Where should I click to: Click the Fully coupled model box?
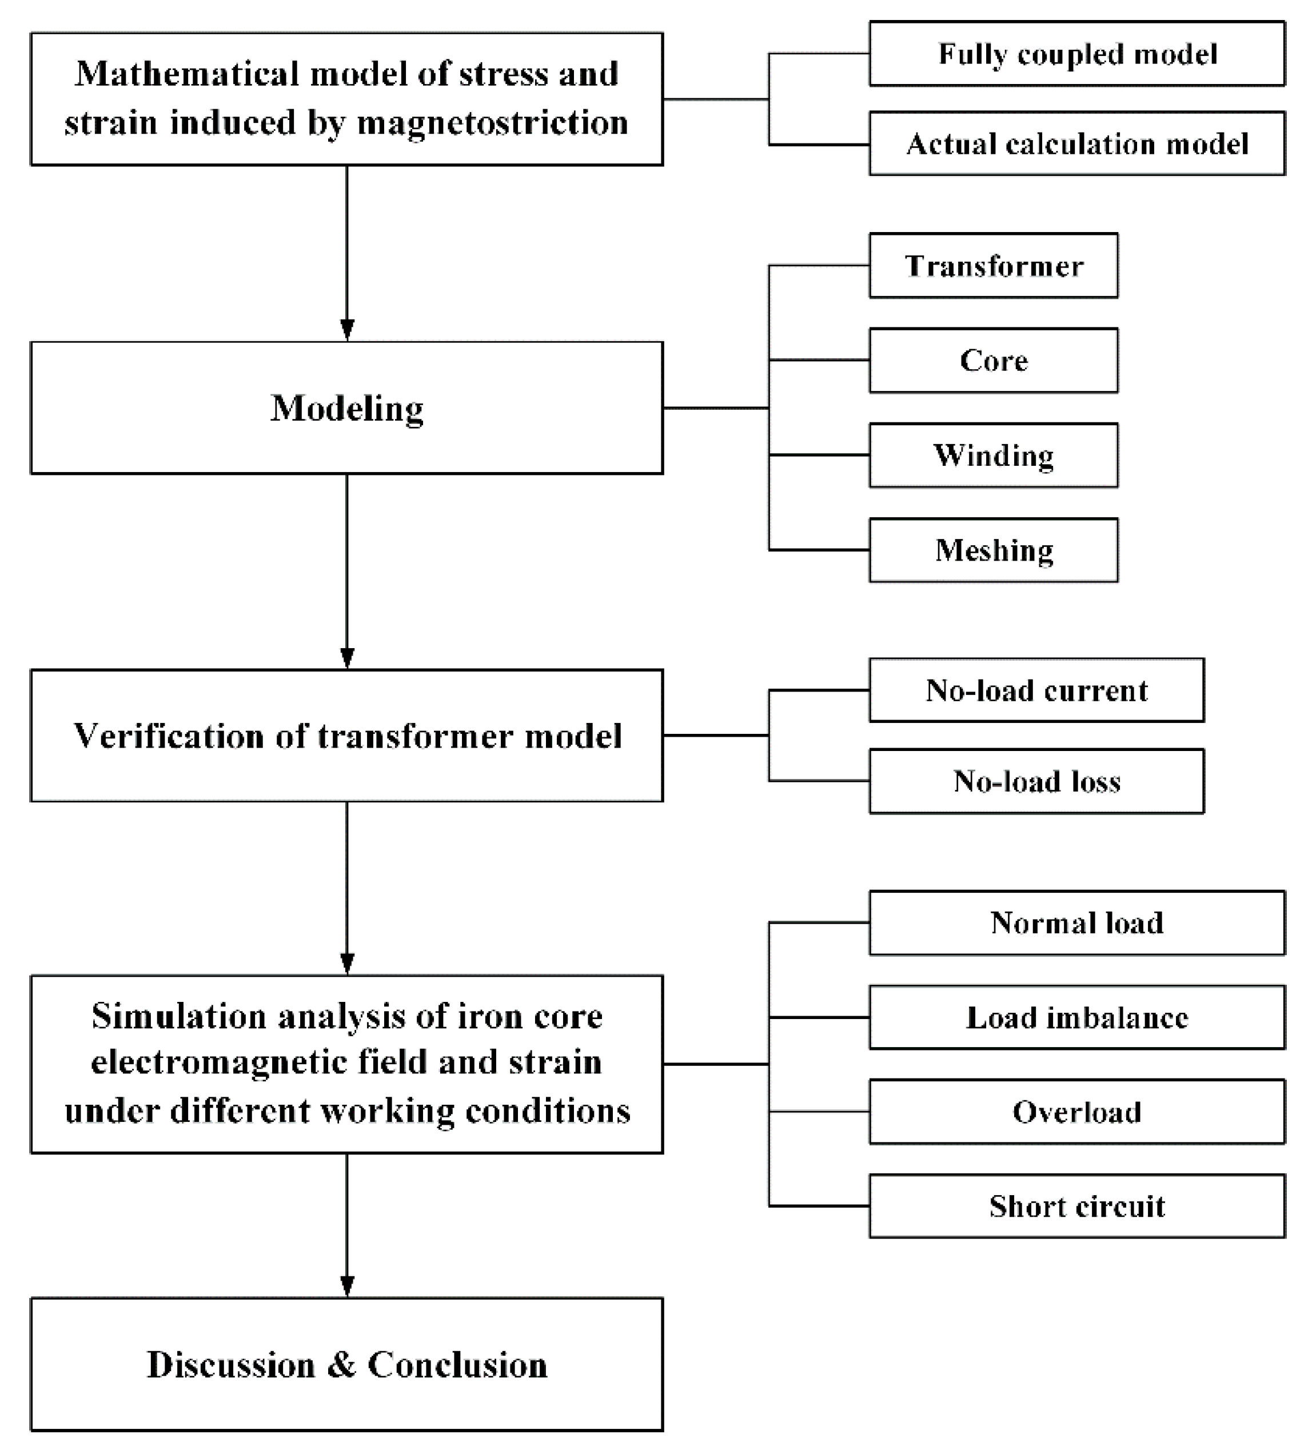tap(1076, 53)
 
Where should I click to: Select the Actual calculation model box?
tap(1076, 143)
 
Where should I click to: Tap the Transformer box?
tap(994, 265)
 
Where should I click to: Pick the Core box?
tap(994, 360)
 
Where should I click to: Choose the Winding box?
tap(994, 455)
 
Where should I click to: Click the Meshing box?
tap(994, 550)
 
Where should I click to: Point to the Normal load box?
tap(1076, 922)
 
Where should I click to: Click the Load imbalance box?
tap(1076, 1017)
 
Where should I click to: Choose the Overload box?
tap(1076, 1112)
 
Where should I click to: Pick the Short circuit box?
tap(1076, 1206)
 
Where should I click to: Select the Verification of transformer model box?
tap(346, 735)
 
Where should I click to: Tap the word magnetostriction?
tap(493, 123)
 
